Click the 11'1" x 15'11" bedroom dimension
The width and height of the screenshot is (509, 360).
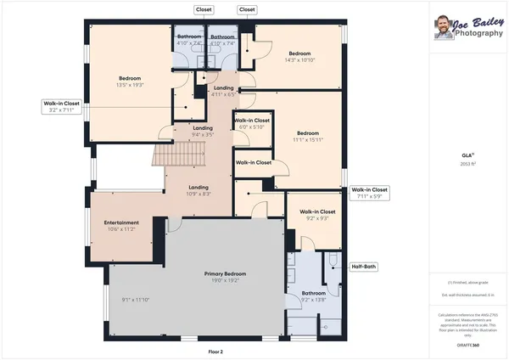307,140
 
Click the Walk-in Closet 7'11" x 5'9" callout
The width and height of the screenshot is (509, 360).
369,193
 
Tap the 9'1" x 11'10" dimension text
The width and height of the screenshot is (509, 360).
135,300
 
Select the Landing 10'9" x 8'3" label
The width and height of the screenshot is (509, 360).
199,191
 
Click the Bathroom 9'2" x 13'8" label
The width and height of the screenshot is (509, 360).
313,295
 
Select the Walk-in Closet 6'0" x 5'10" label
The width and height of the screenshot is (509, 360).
252,124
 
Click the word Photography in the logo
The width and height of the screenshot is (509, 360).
478,32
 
